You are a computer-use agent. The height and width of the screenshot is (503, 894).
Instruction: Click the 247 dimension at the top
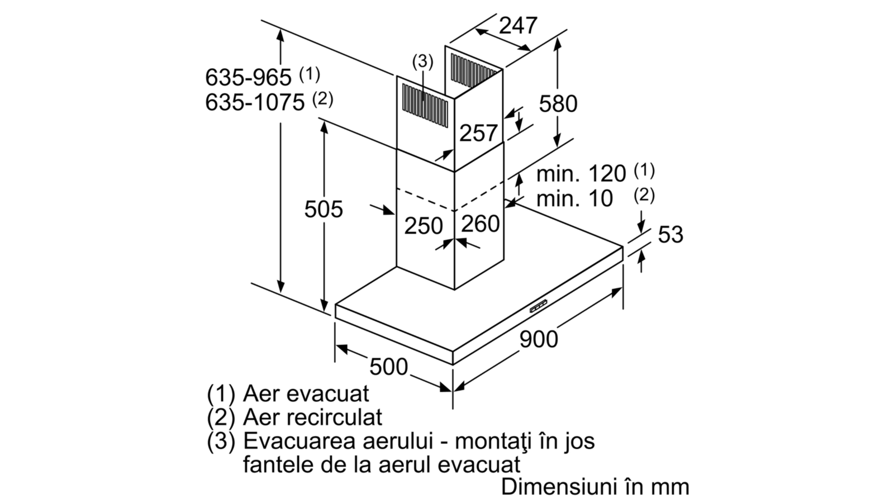click(518, 26)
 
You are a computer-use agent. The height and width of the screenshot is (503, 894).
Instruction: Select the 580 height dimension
click(558, 104)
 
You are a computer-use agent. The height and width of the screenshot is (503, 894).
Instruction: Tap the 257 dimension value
click(478, 133)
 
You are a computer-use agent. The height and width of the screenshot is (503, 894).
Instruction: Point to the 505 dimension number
click(324, 209)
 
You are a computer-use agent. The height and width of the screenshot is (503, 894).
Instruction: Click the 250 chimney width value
click(424, 226)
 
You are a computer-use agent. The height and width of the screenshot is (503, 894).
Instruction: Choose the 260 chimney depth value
click(481, 224)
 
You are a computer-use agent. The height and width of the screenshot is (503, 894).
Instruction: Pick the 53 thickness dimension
click(670, 234)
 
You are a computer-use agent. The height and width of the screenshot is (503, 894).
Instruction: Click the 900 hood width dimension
click(539, 339)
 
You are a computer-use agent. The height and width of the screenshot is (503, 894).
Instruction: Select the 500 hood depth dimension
click(388, 367)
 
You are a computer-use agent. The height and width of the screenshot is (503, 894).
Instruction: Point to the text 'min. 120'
click(581, 174)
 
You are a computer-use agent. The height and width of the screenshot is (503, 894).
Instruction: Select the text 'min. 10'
click(574, 198)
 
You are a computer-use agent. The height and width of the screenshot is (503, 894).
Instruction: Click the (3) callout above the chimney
click(422, 61)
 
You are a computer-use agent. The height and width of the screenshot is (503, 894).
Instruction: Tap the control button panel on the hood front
click(539, 307)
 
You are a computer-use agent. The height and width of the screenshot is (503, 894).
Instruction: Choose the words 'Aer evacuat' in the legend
click(306, 394)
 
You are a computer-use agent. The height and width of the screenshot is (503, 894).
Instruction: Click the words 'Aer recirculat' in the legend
click(312, 417)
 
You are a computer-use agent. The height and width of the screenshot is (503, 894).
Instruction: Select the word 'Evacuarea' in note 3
click(299, 441)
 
